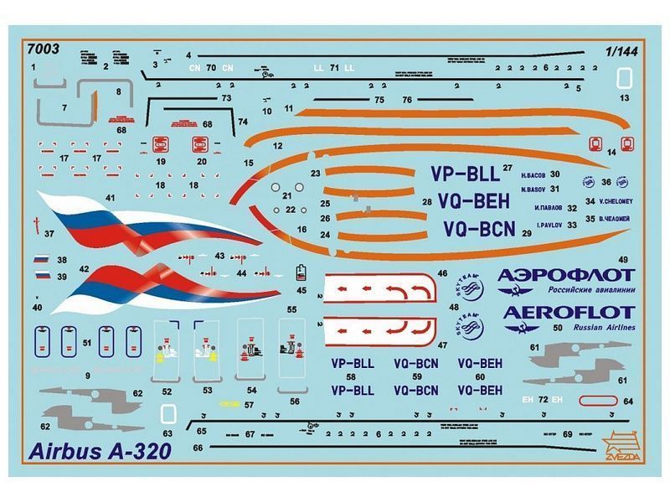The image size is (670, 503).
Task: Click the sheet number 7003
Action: (x=43, y=49)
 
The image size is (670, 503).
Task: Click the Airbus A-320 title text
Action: (x=100, y=451)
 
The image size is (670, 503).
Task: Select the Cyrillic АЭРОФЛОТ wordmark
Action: (x=565, y=275)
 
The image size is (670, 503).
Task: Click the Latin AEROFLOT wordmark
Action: (x=569, y=313)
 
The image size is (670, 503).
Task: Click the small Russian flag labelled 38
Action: (x=41, y=261)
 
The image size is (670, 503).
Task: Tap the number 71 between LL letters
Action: (x=334, y=67)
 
